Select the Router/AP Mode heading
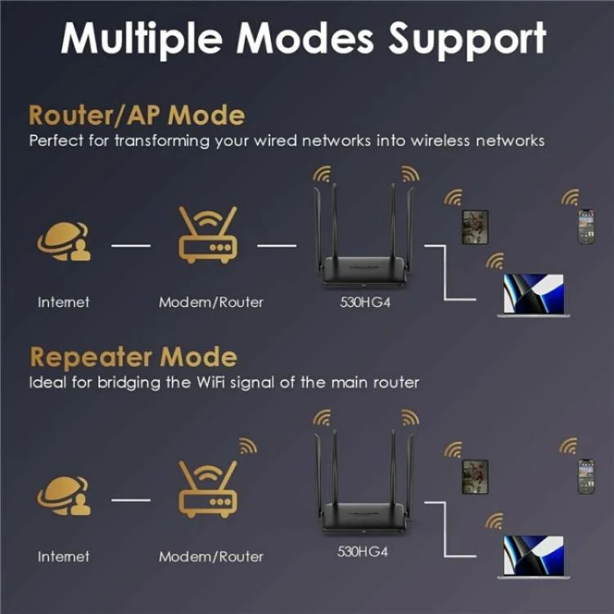pyautogui.click(x=137, y=114)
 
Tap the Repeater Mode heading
pyautogui.click(x=133, y=357)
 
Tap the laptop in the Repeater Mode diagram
pyautogui.click(x=531, y=558)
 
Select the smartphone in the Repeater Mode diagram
pyautogui.click(x=585, y=476)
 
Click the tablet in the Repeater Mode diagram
pyautogui.click(x=475, y=476)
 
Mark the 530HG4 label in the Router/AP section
pyautogui.click(x=363, y=302)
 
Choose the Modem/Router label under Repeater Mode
pyautogui.click(x=210, y=557)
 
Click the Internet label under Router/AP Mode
pyautogui.click(x=63, y=302)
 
